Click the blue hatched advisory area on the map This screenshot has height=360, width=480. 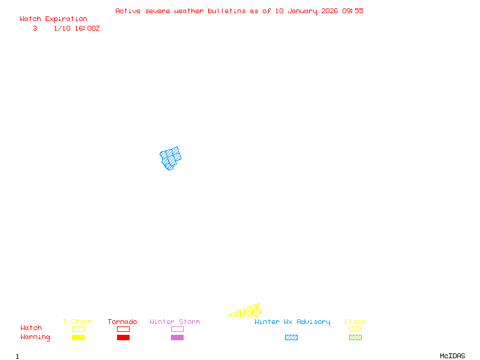tap(171, 158)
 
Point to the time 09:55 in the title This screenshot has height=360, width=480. tap(353, 11)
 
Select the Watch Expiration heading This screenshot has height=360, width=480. tap(53, 19)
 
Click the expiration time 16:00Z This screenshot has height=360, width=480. tap(85, 28)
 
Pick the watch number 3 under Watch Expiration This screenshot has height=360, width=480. tap(35, 28)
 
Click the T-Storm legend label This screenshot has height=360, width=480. tap(77, 322)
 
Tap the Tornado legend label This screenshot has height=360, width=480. tap(122, 322)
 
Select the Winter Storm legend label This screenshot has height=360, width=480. tap(175, 322)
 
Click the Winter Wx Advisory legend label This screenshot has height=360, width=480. tap(292, 322)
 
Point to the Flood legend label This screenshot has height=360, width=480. tap(355, 322)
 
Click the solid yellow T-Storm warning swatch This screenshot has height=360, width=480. tap(78, 338)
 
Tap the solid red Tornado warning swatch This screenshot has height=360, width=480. tap(123, 338)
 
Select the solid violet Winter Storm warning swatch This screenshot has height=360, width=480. tap(177, 338)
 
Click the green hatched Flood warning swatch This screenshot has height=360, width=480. tap(355, 338)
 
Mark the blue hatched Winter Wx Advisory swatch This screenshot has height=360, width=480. tap(291, 338)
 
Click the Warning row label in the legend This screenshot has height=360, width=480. tap(35, 337)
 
